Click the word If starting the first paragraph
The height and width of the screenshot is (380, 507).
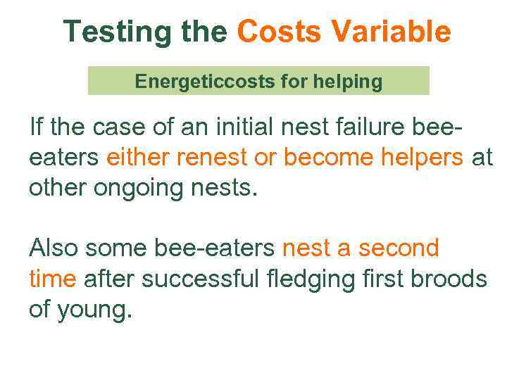tap(36, 128)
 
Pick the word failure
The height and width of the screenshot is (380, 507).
tap(365, 128)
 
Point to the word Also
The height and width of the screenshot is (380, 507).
tap(55, 248)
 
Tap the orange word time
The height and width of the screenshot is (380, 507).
tap(52, 279)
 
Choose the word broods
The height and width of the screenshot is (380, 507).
tap(448, 279)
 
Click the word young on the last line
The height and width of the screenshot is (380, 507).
tap(95, 309)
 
